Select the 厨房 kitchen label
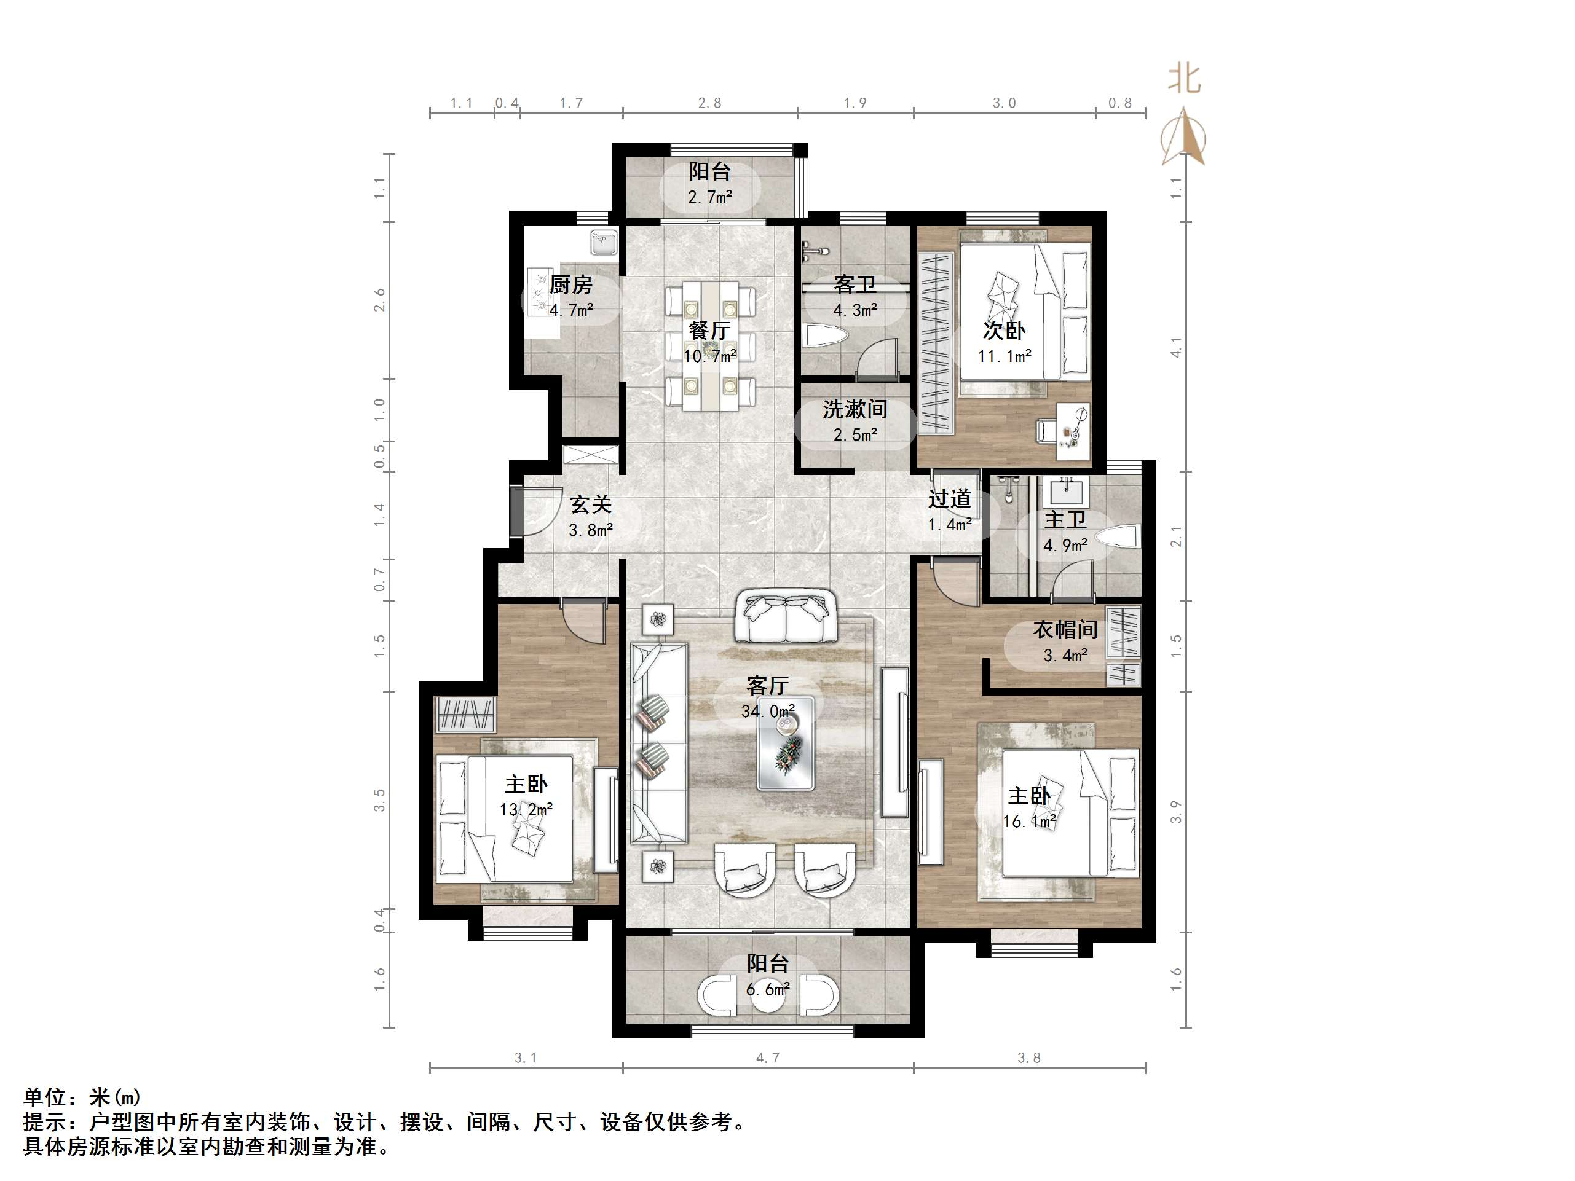pyautogui.click(x=570, y=284)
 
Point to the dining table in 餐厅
pyautogui.click(x=710, y=346)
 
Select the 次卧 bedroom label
pyautogui.click(x=1004, y=331)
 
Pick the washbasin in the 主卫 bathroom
pyautogui.click(x=1066, y=491)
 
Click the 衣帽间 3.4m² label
pyautogui.click(x=1065, y=642)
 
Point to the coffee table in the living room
pyautogui.click(x=786, y=744)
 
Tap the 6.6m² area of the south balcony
pyautogui.click(x=768, y=989)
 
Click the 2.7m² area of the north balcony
pyautogui.click(x=710, y=197)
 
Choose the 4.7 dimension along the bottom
pyautogui.click(x=768, y=1058)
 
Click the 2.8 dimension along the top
pyautogui.click(x=709, y=103)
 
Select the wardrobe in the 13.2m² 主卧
pyautogui.click(x=465, y=713)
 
